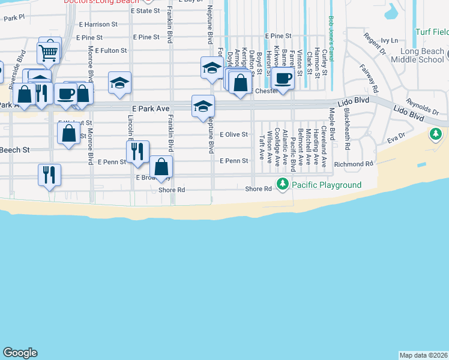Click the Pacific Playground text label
(327, 185)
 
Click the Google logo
(20, 353)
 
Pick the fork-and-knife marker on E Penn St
(138, 152)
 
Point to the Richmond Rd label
(354, 164)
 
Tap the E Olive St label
(234, 135)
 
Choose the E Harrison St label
(97, 25)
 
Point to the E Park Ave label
(151, 109)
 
